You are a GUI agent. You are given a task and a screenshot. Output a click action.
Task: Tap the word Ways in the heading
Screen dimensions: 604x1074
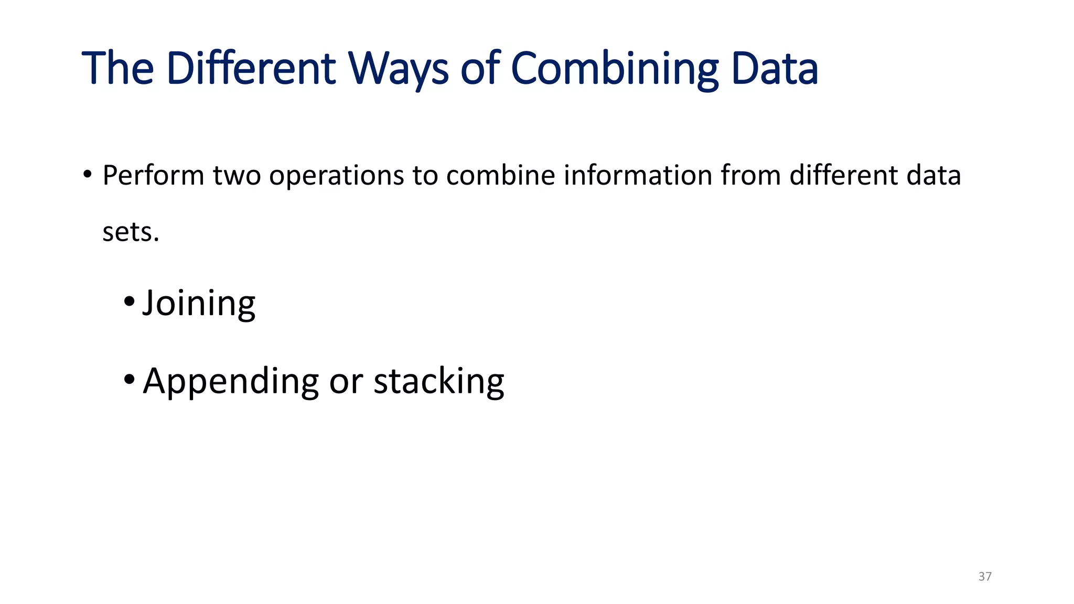[x=399, y=69]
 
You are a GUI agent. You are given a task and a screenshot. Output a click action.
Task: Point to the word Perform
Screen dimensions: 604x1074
[x=153, y=175]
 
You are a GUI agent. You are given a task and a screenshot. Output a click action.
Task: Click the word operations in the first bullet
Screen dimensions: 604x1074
[x=336, y=176]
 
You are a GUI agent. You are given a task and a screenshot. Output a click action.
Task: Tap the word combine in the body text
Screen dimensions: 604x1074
[x=500, y=175]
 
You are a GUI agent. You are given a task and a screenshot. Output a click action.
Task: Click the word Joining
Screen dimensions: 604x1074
[x=199, y=304]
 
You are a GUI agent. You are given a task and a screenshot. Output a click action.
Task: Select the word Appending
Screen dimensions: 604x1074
[x=231, y=382]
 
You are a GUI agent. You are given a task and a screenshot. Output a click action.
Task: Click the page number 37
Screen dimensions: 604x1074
[x=985, y=577]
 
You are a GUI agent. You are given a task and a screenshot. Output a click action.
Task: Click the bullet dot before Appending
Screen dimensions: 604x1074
[x=129, y=379]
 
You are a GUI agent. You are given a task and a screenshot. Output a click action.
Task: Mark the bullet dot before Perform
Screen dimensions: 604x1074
[x=88, y=174]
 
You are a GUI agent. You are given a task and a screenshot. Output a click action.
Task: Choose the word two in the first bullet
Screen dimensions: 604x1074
[x=237, y=175]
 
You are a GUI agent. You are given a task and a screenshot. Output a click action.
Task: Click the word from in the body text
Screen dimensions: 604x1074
[x=750, y=175]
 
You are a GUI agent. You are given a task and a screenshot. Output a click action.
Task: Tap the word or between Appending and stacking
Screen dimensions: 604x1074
[x=346, y=382]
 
